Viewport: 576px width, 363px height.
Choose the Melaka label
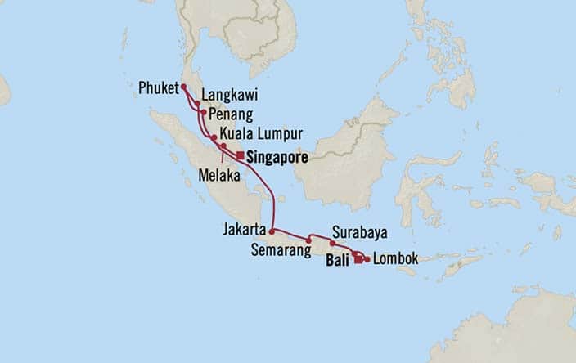(218, 174)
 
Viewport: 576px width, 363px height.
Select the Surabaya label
(360, 231)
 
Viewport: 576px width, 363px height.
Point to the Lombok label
(396, 259)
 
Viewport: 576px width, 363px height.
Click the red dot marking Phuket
(184, 86)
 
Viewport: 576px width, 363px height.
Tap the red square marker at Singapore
(239, 155)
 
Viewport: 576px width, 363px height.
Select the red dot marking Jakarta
(272, 231)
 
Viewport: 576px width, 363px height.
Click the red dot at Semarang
(308, 239)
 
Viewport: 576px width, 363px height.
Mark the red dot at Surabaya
(332, 243)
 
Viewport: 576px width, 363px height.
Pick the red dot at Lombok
(366, 260)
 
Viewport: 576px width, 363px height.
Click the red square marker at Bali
(358, 261)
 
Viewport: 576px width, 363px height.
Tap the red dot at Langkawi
(197, 103)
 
